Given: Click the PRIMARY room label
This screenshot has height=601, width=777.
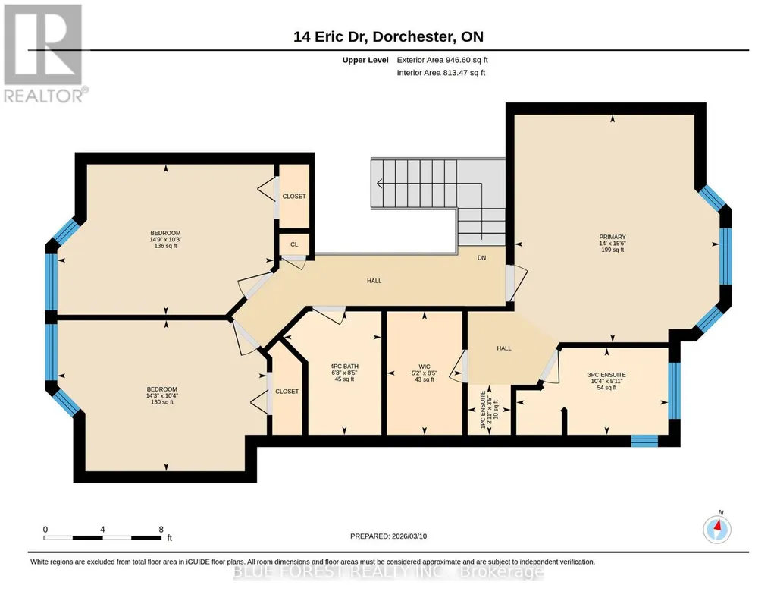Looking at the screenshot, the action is click(x=613, y=237).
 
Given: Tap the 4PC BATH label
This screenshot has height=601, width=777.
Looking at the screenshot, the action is click(x=344, y=367).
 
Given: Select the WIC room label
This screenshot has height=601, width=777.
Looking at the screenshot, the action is click(x=425, y=367).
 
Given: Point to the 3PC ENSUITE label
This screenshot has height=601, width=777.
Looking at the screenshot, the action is click(x=606, y=375).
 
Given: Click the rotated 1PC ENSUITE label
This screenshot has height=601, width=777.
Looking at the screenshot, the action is click(x=483, y=410).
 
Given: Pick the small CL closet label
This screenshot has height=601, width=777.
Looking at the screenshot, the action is click(x=294, y=244).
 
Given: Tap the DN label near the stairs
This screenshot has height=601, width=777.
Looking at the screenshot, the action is click(x=481, y=258).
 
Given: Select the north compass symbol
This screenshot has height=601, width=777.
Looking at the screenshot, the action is click(x=717, y=529).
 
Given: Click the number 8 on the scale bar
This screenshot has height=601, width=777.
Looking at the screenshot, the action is click(x=161, y=529).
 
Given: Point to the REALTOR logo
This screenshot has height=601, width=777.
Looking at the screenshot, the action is click(x=44, y=53).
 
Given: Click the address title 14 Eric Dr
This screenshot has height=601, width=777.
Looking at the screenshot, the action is click(x=331, y=36).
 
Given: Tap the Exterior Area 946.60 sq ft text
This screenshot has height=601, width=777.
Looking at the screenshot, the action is click(x=443, y=60).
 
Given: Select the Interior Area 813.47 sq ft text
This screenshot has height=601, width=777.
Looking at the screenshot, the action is click(x=441, y=72).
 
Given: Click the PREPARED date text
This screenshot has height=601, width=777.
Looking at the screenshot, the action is click(x=388, y=536).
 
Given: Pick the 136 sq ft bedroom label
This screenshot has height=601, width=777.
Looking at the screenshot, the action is click(x=165, y=246).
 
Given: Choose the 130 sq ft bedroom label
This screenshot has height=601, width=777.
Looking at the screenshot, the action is click(x=162, y=402).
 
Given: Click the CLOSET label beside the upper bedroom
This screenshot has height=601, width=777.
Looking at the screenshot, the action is click(x=294, y=197).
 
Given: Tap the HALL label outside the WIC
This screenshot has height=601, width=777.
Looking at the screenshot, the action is click(x=504, y=348).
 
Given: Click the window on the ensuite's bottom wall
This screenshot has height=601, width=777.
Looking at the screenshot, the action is click(x=644, y=440).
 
